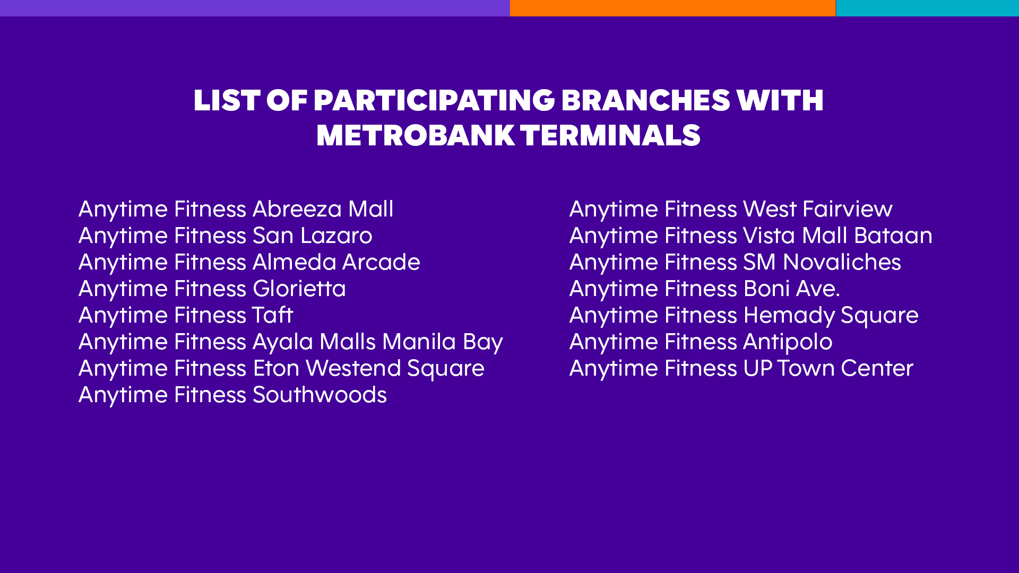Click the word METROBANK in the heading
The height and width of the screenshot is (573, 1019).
click(416, 135)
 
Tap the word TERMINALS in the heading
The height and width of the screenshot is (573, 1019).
click(610, 135)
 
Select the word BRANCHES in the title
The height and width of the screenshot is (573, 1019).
click(646, 100)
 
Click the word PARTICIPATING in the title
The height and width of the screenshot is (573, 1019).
click(434, 100)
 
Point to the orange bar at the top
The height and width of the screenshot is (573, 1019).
click(672, 8)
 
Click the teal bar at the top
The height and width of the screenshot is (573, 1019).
click(927, 8)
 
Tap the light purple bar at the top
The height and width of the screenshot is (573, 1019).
click(255, 8)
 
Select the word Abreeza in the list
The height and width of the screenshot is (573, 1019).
click(297, 209)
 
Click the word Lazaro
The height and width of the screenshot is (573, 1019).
click(336, 236)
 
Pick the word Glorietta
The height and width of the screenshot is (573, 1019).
click(299, 289)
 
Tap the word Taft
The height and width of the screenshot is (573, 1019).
click(272, 315)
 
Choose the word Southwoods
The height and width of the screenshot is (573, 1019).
click(320, 395)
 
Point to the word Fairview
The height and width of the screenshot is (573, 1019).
click(848, 209)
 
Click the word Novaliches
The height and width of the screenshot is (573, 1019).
click(842, 262)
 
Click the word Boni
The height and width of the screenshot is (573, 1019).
click(767, 289)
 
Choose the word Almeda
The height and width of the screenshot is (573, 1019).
click(295, 262)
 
